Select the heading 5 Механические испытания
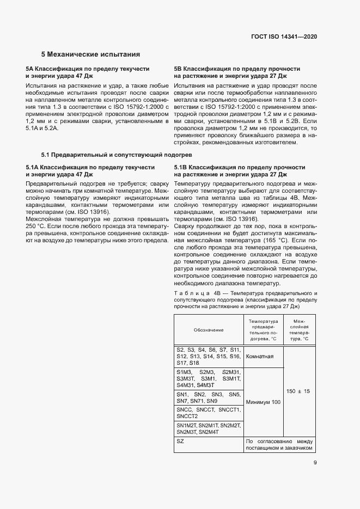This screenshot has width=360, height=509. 91,54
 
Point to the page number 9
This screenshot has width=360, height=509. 315,464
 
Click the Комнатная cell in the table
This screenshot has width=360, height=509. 263,357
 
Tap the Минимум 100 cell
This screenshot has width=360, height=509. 263,402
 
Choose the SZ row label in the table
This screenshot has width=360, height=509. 180,441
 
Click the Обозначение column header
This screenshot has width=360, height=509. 208,330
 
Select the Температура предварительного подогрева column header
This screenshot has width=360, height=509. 263,330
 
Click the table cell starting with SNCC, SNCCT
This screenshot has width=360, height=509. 208,412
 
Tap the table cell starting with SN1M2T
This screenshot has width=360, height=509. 208,428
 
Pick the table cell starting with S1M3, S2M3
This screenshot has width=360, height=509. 208,378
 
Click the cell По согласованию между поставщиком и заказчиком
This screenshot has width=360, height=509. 280,445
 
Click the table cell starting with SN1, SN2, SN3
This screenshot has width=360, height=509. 208,397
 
